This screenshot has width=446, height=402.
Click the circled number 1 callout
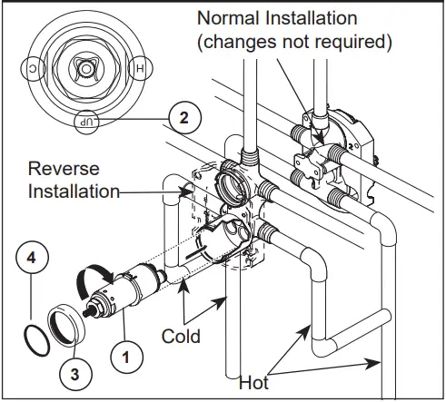[128, 356]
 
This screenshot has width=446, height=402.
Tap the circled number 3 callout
[74, 371]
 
